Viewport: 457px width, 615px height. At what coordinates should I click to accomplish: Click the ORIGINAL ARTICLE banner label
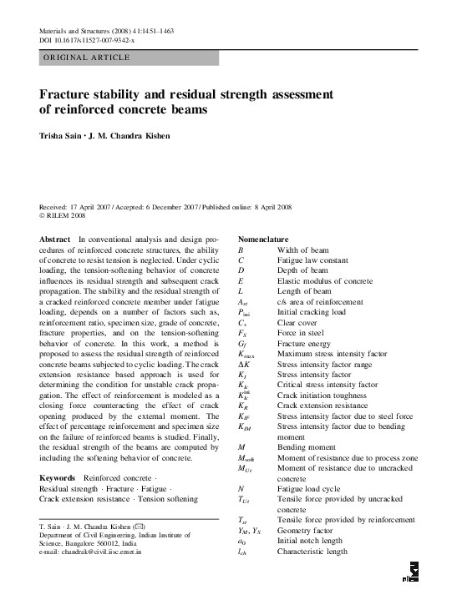[86, 57]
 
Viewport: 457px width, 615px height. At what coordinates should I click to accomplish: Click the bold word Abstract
[55, 239]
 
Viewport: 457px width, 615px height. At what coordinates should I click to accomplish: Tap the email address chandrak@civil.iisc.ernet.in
[96, 552]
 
